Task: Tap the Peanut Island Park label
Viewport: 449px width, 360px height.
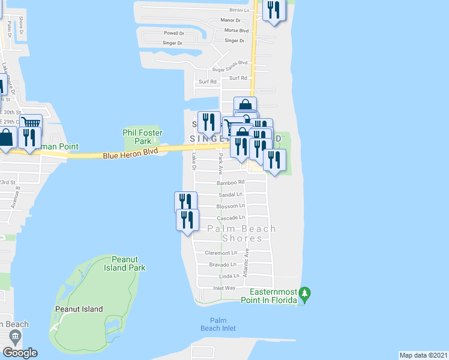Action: pos(124,263)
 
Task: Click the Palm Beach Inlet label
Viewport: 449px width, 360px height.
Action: pos(223,324)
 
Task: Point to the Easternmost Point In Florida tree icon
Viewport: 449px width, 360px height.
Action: pos(305,294)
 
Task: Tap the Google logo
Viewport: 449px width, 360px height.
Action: pos(20,352)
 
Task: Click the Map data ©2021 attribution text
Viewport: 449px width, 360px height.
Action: pos(424,355)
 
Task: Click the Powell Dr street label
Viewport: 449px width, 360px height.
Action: pos(173,34)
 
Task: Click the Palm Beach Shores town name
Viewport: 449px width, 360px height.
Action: pos(242,233)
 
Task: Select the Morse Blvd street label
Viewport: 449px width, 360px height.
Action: pos(236,30)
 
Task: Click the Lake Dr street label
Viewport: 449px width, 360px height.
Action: pos(194,161)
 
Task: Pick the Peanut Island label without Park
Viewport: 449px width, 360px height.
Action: pos(81,309)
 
